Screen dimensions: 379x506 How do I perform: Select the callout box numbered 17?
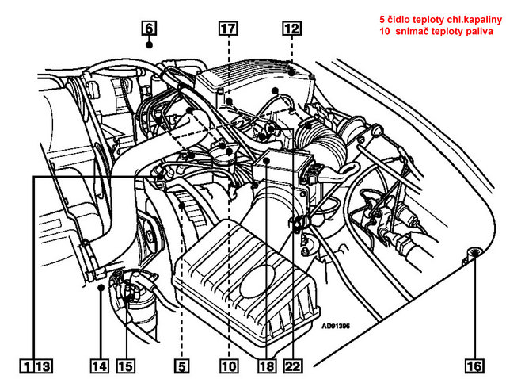(x=228, y=28)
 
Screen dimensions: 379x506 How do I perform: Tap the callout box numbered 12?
(x=291, y=28)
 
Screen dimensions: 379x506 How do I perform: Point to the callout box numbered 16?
(x=474, y=366)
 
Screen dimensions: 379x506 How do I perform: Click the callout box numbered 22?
(x=293, y=366)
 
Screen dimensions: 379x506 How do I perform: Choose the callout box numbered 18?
(x=266, y=366)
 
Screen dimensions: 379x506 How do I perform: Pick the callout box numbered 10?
(x=229, y=366)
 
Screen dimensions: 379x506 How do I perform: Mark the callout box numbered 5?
(x=182, y=366)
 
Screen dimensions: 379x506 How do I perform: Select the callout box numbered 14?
(x=98, y=366)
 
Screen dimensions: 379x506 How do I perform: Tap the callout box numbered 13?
(x=43, y=366)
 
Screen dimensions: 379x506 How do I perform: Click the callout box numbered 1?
(x=27, y=366)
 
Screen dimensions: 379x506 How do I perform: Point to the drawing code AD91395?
(x=336, y=324)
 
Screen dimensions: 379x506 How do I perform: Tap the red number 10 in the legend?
(x=385, y=31)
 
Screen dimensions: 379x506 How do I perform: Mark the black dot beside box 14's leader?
(x=102, y=290)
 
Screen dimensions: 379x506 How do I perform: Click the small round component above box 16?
(x=474, y=253)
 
